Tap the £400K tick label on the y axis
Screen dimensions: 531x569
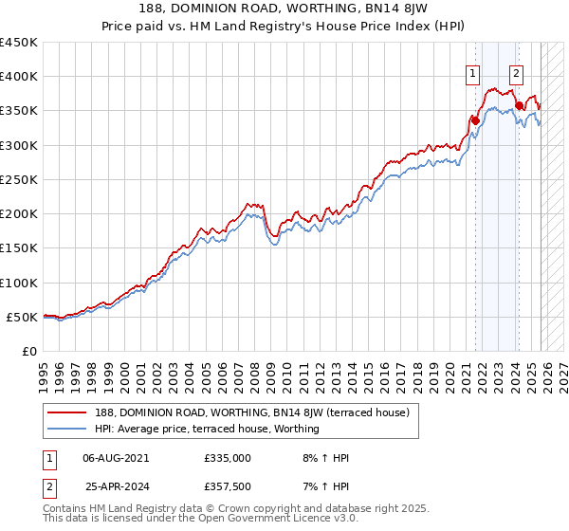(x=18, y=77)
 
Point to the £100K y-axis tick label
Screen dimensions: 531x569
(x=18, y=283)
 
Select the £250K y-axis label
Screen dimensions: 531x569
(x=18, y=179)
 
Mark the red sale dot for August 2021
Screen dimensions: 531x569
(x=475, y=120)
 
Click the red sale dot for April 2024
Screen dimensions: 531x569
(x=519, y=105)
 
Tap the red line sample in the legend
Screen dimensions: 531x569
(x=67, y=412)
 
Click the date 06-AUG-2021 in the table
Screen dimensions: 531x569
(x=116, y=458)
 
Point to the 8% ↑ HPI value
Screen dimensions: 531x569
(x=325, y=458)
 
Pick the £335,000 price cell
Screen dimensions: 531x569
(x=227, y=458)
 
